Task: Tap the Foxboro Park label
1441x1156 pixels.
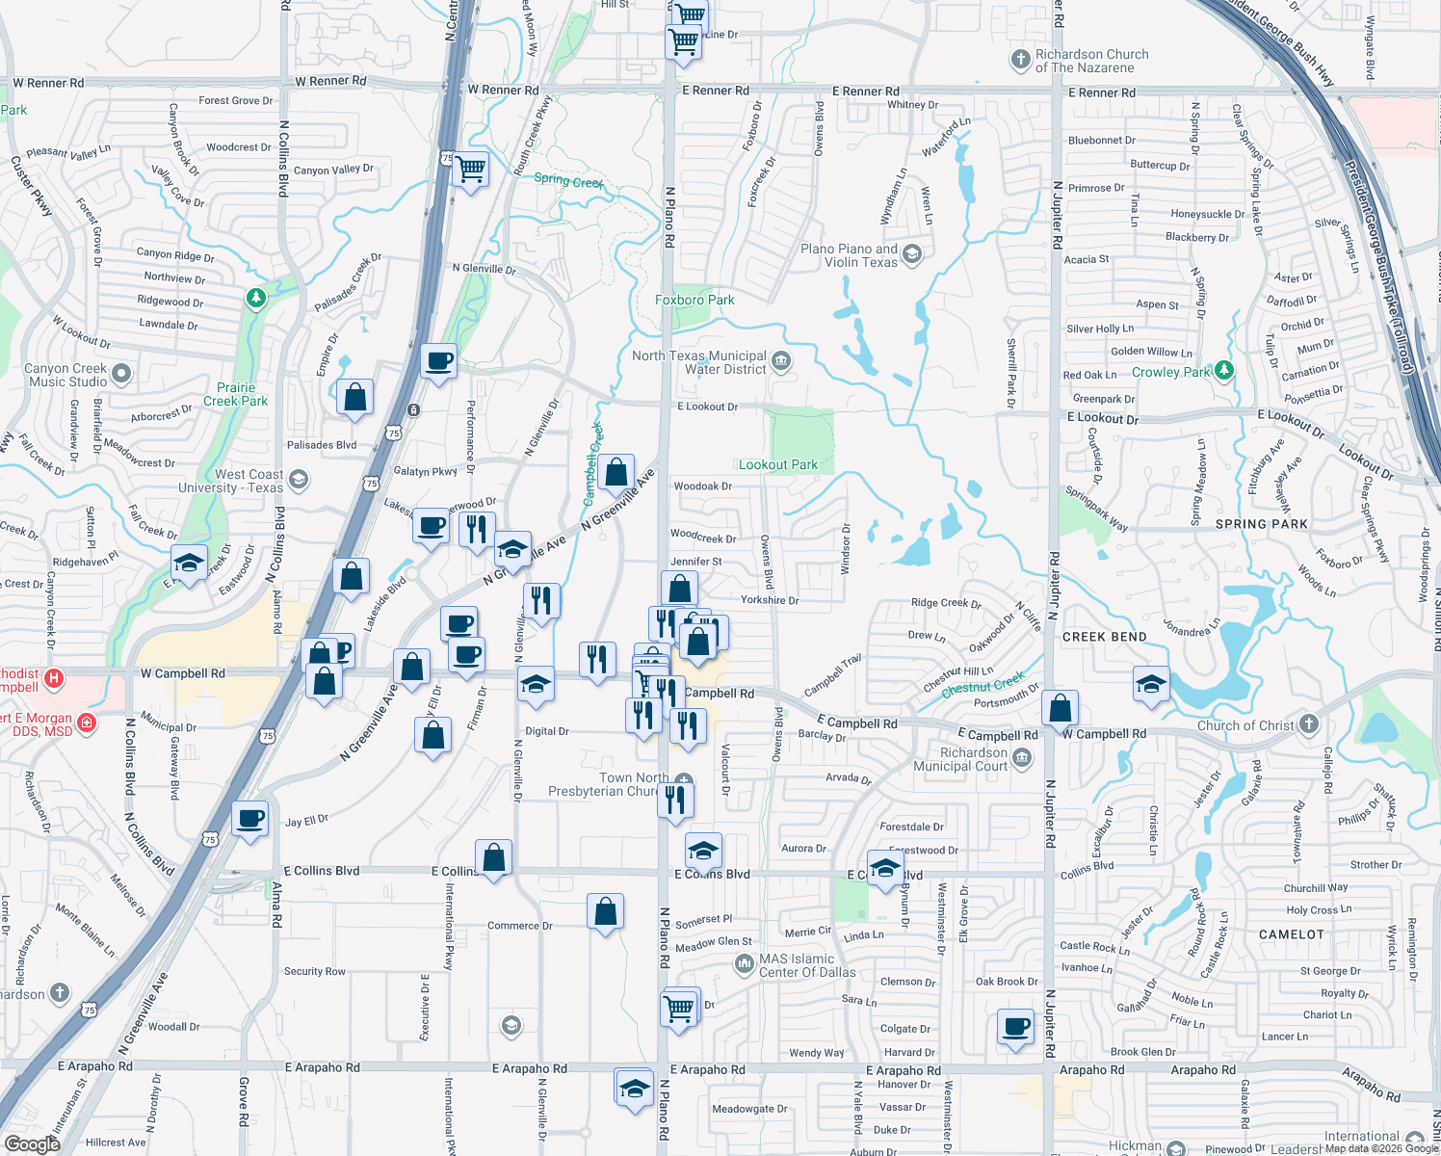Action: [x=694, y=300]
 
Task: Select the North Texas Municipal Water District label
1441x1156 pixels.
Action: [x=699, y=362]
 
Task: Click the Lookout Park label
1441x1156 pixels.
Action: [x=778, y=464]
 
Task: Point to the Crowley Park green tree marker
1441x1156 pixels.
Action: [x=1223, y=370]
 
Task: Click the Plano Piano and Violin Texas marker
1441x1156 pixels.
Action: [x=913, y=254]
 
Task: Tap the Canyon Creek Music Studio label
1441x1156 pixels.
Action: [x=67, y=375]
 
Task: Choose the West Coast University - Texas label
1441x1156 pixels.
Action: [x=230, y=481]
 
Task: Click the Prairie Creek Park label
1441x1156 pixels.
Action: [x=235, y=394]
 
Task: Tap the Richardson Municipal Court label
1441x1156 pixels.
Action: [x=974, y=759]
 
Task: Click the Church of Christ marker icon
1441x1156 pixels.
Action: [x=1308, y=723]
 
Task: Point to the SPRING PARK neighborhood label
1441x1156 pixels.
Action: [x=1261, y=524]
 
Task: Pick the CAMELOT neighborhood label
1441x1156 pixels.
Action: [x=1292, y=934]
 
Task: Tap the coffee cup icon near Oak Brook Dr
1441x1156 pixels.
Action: [x=1015, y=1027]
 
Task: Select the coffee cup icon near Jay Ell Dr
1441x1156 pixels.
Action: [x=250, y=820]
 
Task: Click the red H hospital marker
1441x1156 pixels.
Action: [x=54, y=678]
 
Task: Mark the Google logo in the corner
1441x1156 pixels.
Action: [x=32, y=1143]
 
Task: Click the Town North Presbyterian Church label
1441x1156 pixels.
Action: [x=608, y=784]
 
